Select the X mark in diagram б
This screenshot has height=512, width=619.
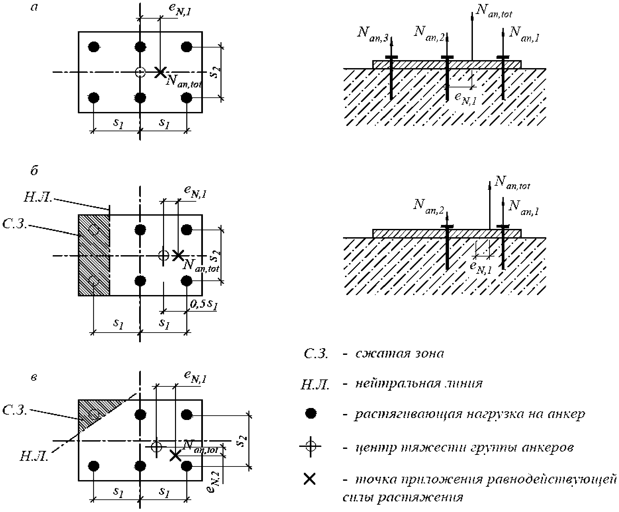(x=178, y=255)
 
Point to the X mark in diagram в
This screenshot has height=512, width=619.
(x=175, y=455)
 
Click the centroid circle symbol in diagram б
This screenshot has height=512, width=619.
(x=163, y=255)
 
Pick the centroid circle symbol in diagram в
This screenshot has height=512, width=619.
(x=156, y=446)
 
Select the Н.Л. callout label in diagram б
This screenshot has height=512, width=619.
(x=38, y=197)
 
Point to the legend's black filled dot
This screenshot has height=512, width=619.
(x=310, y=414)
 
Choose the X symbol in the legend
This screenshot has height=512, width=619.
(x=310, y=479)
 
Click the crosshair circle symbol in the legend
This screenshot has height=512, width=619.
(x=310, y=446)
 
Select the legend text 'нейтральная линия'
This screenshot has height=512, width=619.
(x=419, y=384)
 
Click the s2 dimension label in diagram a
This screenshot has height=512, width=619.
(x=215, y=72)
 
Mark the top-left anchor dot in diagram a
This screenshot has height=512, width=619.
(x=94, y=47)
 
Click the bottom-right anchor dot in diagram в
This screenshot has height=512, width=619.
(x=187, y=466)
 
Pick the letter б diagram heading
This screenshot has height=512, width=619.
(x=34, y=171)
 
